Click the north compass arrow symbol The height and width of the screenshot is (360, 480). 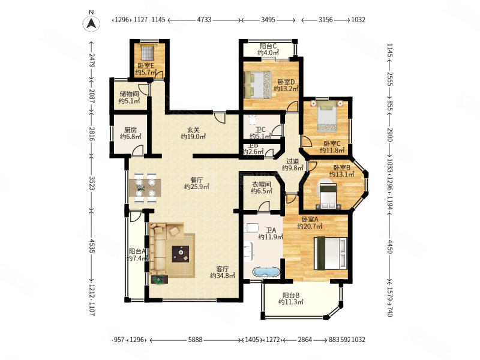[x=91, y=23]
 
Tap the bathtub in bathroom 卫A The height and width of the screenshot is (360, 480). [x=266, y=272]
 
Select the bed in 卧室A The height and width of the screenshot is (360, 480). [x=331, y=253]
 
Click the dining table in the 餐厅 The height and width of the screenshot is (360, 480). [x=145, y=188]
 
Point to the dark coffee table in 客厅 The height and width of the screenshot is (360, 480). [x=181, y=254]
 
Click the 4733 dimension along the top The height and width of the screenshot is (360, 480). [x=204, y=20]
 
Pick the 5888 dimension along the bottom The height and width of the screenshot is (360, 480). [x=196, y=340]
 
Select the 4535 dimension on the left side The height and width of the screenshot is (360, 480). [x=92, y=245]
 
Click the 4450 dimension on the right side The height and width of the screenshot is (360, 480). [x=389, y=246]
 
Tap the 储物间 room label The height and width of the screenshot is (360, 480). [x=129, y=94]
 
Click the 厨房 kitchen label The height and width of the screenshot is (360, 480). [x=130, y=130]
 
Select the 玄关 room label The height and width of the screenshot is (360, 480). [x=193, y=130]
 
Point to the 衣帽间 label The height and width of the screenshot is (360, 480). [x=262, y=184]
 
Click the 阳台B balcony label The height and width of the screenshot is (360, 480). [x=291, y=295]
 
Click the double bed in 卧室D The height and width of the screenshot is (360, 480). [x=257, y=85]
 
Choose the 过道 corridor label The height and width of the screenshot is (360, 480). [x=293, y=161]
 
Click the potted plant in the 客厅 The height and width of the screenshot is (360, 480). [x=160, y=280]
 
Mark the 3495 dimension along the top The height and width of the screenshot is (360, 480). [x=268, y=20]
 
